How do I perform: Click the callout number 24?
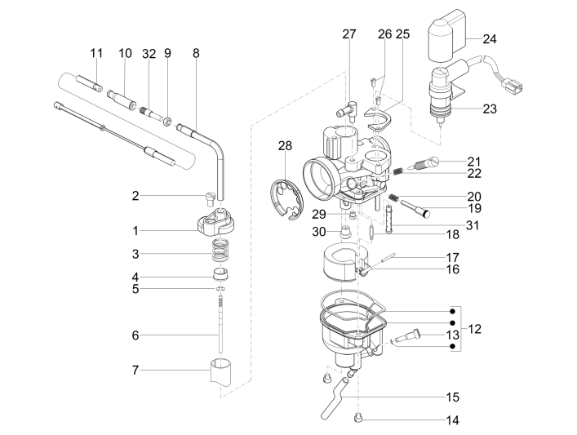point(490,38)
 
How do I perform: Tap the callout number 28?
point(284,146)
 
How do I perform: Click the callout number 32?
point(148,53)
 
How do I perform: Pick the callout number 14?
point(452,421)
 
